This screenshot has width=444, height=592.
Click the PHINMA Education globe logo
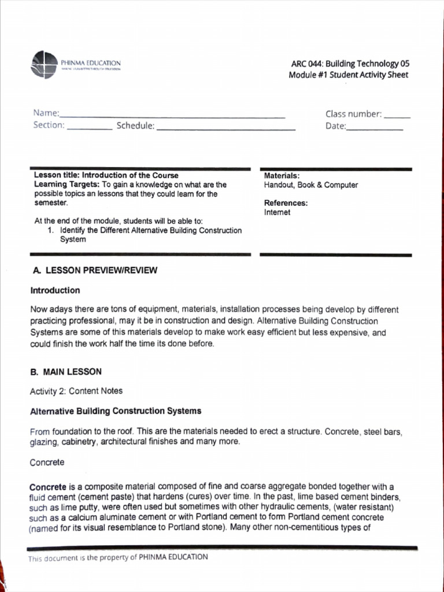pyautogui.click(x=45, y=64)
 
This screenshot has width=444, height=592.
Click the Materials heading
pyautogui.click(x=282, y=176)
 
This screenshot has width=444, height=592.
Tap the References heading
pyautogui.click(x=286, y=203)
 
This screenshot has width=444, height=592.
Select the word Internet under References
pyautogui.click(x=277, y=212)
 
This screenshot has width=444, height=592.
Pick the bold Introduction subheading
pyautogui.click(x=55, y=290)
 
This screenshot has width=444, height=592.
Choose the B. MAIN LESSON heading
pyautogui.click(x=66, y=372)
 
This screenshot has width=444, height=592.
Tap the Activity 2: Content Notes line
pyautogui.click(x=76, y=391)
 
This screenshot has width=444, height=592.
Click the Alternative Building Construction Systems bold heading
pyautogui.click(x=116, y=411)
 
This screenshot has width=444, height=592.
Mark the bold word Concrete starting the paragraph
pyautogui.click(x=48, y=487)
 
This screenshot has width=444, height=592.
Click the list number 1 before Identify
pyautogui.click(x=51, y=231)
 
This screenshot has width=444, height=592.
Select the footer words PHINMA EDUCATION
pyautogui.click(x=173, y=557)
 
